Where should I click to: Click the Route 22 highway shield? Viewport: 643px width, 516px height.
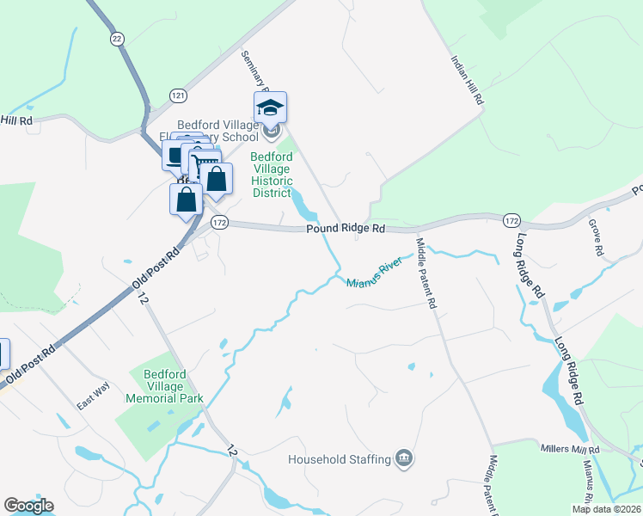tap(117, 38)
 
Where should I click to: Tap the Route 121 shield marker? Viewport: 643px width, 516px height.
tap(178, 95)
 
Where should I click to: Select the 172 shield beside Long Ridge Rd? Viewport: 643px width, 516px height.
tap(511, 221)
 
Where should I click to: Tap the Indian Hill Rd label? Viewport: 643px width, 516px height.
tap(468, 82)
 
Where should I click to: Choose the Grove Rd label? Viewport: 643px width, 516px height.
tap(594, 236)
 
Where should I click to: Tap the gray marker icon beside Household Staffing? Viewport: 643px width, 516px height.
tap(404, 459)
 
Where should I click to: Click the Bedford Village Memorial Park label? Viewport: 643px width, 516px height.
tap(164, 388)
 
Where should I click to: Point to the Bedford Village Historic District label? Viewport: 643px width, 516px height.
tap(272, 175)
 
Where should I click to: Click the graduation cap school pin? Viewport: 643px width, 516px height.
tap(270, 107)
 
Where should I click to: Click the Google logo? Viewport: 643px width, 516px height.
tap(28, 506)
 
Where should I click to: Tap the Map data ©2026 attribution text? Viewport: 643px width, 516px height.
tap(606, 509)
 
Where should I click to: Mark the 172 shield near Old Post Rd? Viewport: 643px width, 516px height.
tap(219, 221)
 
